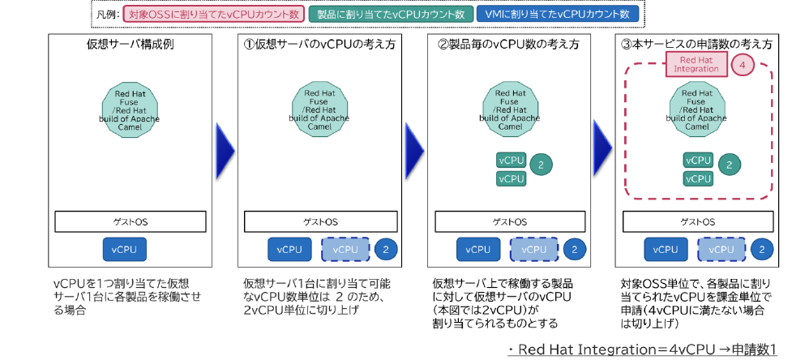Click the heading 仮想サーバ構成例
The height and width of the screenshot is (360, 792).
click(131, 45)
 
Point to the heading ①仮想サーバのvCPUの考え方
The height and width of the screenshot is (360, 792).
click(319, 45)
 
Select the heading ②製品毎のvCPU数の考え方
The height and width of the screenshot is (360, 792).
click(508, 45)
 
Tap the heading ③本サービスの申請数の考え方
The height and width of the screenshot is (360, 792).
click(697, 45)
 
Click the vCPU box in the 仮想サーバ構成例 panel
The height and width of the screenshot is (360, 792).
click(125, 250)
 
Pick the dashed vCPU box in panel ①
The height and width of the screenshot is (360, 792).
click(344, 250)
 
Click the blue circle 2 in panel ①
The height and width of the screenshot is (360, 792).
click(386, 250)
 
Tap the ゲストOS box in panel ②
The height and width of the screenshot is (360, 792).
click(509, 221)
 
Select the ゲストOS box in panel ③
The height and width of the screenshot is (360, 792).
click(697, 221)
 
